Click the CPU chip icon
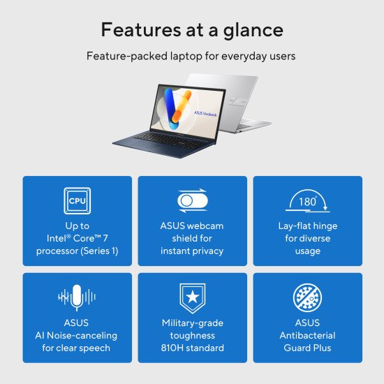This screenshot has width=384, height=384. click(77, 201)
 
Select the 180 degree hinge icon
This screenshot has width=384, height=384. click(307, 201)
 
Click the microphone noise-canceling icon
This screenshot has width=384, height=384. click(77, 298)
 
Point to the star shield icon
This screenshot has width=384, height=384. click(192, 298)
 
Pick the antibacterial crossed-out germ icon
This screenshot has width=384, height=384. click(307, 297)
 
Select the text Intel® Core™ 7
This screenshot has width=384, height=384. click(77, 238)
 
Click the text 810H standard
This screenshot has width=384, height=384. click(192, 348)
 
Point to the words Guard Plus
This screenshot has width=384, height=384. click(307, 348)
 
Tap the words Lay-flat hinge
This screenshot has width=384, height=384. click(307, 226)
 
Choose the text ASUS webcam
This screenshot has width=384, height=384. click(192, 226)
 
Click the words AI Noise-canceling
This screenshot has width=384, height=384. click(77, 335)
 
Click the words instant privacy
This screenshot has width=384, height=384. click(192, 251)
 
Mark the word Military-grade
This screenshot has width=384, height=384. click(192, 323)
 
